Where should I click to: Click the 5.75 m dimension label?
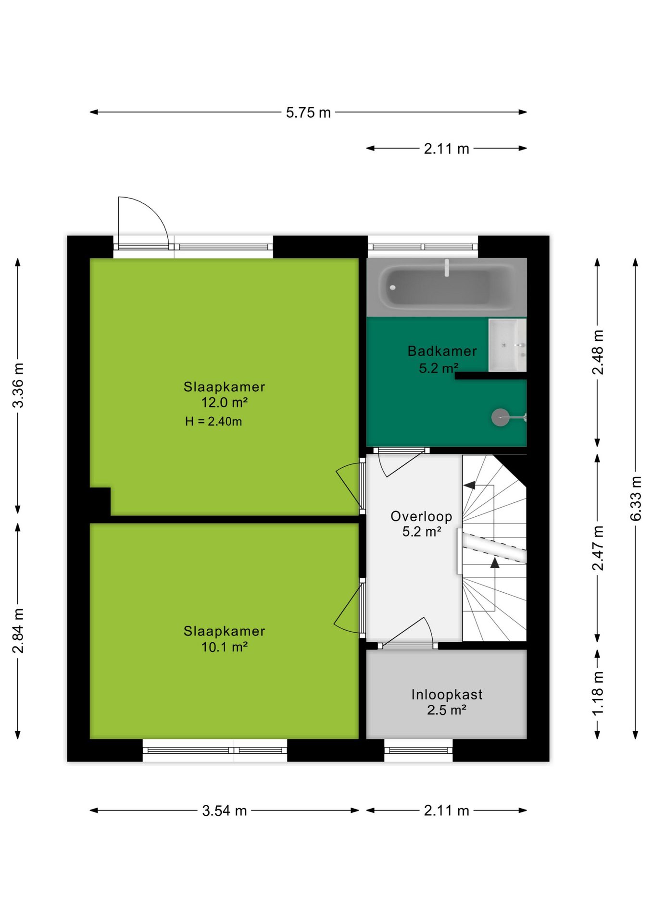coord(308,112)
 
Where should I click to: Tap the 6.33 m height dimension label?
coord(636,499)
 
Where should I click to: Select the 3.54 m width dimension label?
coord(224,811)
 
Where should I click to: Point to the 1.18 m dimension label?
coord(598,693)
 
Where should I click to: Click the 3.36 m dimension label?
coord(18,386)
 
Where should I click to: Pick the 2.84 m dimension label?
coord(18,631)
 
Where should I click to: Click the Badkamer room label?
coord(442,351)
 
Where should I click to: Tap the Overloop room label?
coord(421,516)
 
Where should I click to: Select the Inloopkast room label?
coord(447,695)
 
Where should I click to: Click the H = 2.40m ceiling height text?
coord(213,422)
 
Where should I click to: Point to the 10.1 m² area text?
coord(224,647)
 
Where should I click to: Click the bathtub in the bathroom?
coord(447,287)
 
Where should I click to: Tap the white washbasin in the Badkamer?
coord(507,345)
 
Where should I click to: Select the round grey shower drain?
coord(500,417)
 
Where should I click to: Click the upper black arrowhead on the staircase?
coord(470,486)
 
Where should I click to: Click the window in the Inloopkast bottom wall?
coord(418,750)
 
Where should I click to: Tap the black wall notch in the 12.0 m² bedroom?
coord(100,502)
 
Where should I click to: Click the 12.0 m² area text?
coord(224,402)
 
